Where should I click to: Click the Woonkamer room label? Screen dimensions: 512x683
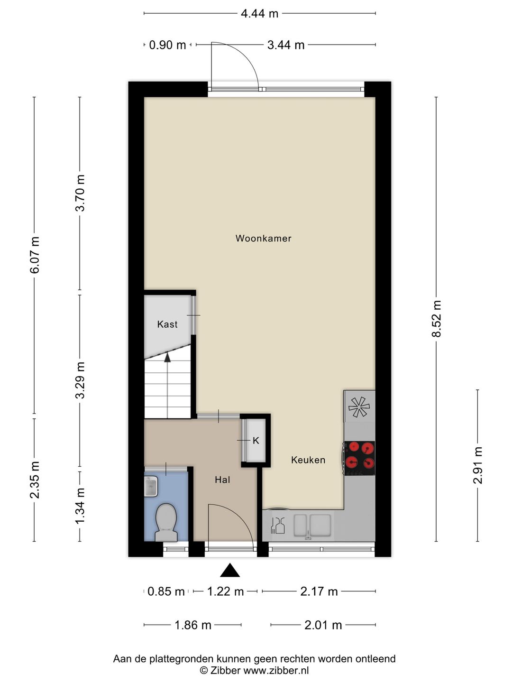point(263,239)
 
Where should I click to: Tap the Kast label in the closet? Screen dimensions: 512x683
point(167,324)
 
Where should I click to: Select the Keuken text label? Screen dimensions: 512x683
point(308,460)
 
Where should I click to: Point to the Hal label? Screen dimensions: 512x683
point(222,480)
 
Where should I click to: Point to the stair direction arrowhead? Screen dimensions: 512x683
point(167,358)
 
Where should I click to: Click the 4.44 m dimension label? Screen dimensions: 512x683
point(260,14)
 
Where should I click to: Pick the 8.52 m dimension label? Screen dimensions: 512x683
point(436,319)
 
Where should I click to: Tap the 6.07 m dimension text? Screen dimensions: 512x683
point(35,255)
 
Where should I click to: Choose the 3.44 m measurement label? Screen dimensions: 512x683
point(286,45)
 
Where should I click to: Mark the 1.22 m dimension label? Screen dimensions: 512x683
point(225,591)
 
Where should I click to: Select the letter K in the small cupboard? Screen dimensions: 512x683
point(256,441)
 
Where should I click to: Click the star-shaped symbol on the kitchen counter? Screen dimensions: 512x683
point(359,407)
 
